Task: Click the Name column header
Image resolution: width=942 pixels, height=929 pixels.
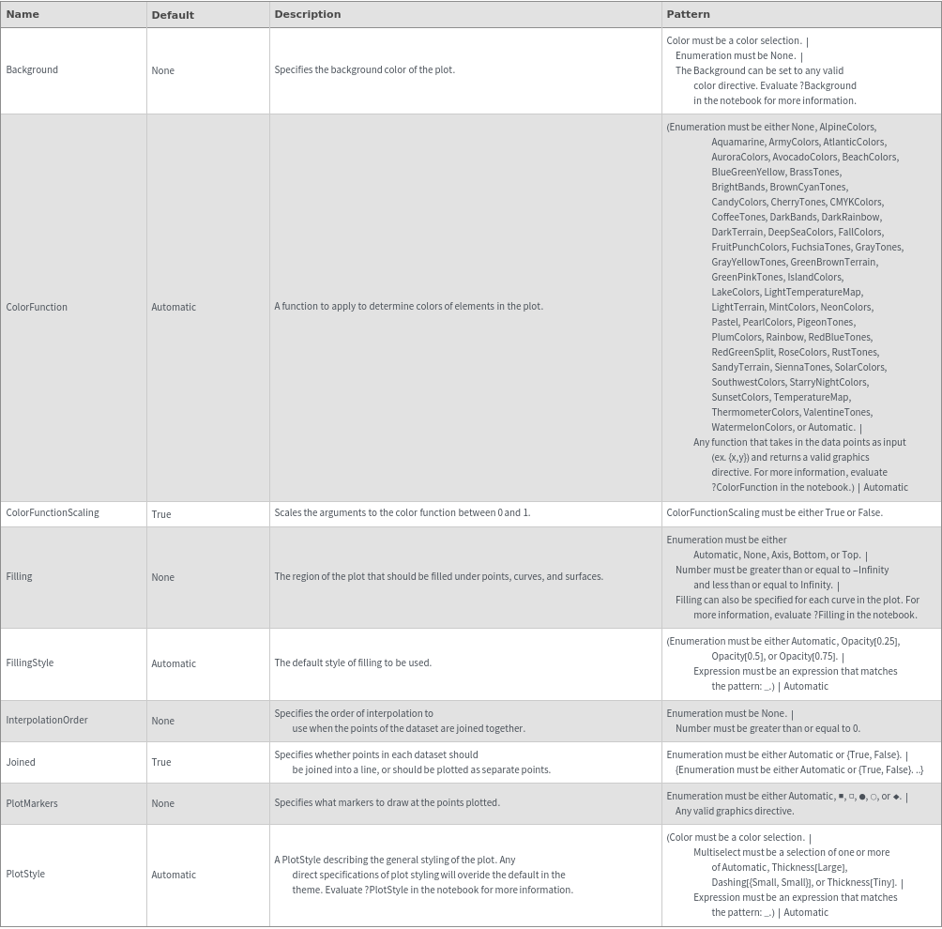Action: [23, 14]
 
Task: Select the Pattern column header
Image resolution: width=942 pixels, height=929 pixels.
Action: [688, 14]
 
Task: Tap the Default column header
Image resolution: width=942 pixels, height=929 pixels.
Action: [173, 15]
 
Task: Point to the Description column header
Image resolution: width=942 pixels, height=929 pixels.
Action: [307, 14]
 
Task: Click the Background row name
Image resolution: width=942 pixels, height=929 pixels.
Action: [32, 69]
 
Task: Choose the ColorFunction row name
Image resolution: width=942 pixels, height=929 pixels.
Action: [37, 307]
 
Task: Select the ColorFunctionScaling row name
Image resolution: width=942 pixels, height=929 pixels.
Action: [53, 513]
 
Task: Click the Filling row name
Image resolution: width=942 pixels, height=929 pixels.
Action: [19, 577]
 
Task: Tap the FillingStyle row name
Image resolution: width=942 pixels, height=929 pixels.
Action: [30, 663]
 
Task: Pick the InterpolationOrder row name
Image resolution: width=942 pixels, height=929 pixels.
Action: [47, 721]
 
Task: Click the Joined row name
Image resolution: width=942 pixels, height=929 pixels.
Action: [21, 762]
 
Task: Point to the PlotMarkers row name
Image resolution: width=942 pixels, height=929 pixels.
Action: [32, 803]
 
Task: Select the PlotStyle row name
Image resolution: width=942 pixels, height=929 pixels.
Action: [25, 875]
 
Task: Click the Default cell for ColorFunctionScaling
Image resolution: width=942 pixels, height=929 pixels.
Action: [161, 514]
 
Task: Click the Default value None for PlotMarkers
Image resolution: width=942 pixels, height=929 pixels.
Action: [162, 803]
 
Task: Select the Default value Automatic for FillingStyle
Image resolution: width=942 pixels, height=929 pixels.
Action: [174, 663]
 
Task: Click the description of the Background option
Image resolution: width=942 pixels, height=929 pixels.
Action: [364, 70]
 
